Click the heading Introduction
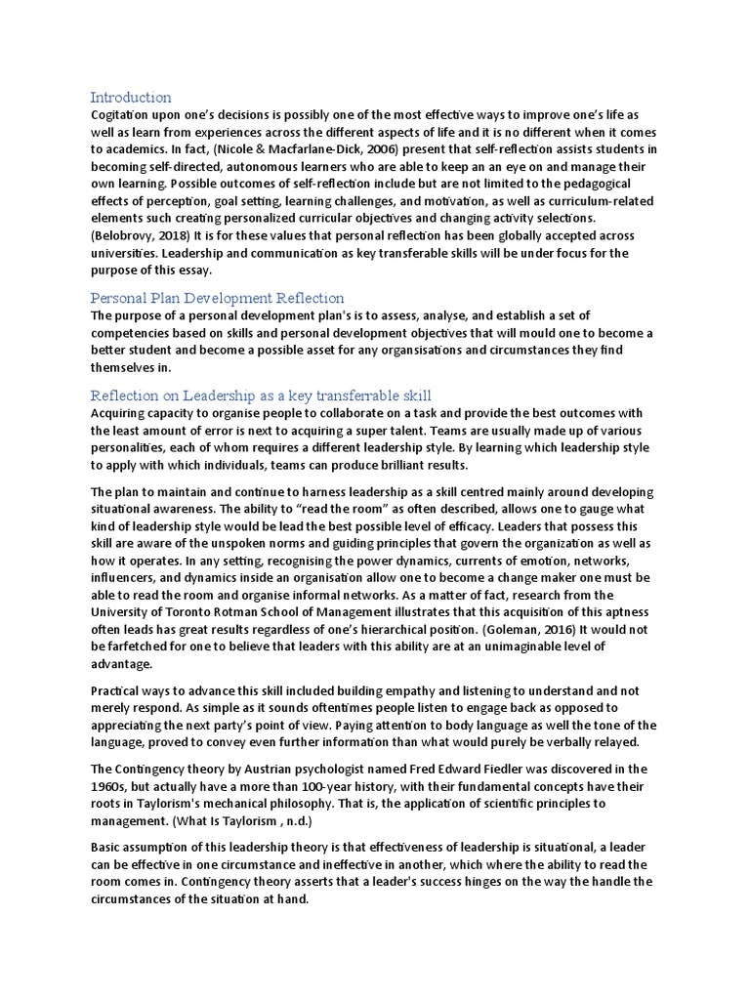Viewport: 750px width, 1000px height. [131, 97]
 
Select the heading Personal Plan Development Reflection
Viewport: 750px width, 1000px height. [217, 297]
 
